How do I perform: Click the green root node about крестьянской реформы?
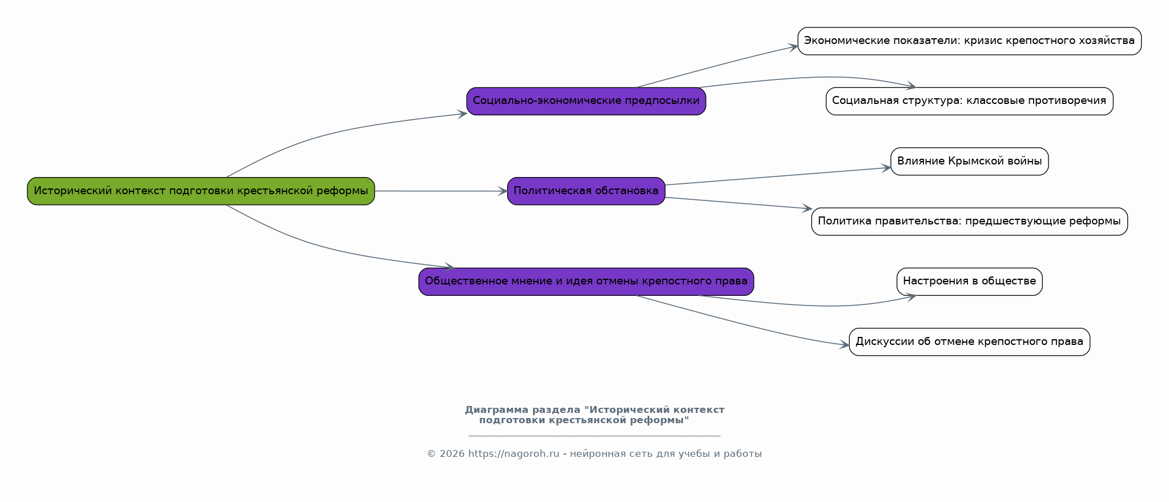(201, 191)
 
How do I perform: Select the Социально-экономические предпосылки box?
(586, 101)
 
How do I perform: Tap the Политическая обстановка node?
(586, 191)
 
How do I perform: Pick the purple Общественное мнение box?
(586, 282)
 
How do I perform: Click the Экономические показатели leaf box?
(969, 41)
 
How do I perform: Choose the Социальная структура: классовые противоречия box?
(969, 101)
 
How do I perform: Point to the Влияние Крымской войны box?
(969, 161)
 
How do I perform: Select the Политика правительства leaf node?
(969, 222)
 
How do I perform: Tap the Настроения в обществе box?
(969, 282)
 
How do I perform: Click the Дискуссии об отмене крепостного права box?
(969, 342)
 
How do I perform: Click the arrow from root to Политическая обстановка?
(441, 191)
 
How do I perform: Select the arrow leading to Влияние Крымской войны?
(778, 176)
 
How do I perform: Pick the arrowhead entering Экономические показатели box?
(794, 47)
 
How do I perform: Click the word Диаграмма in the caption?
(496, 410)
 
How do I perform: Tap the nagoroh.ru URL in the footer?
(513, 454)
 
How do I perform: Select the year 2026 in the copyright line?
(452, 454)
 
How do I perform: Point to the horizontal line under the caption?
(594, 436)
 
